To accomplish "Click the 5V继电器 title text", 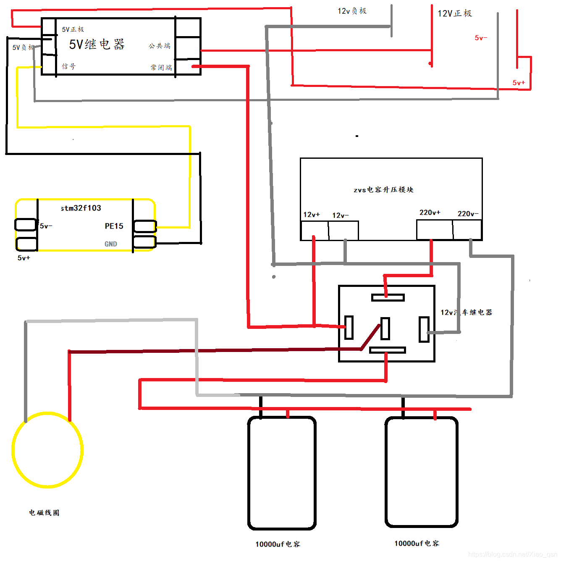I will point(97,44).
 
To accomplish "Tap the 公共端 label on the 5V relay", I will point(160,46).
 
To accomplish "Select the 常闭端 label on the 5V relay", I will point(161,67).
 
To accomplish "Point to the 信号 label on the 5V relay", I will point(68,66).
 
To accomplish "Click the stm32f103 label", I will point(81,208).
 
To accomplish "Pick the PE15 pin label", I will point(114,226).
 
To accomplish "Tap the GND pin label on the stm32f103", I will point(111,244).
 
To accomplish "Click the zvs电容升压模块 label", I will point(383,190).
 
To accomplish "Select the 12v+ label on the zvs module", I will point(312,215).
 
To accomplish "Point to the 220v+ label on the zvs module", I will point(430,213).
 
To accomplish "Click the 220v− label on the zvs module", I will point(468,214).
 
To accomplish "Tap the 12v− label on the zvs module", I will point(341,215).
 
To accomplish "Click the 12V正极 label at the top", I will point(455,13).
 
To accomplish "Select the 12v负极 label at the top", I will point(352,11).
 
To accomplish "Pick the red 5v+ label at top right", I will point(519,83).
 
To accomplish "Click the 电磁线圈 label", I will point(44,512).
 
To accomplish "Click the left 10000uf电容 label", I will point(278,544).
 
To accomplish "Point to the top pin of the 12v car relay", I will point(388,297).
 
